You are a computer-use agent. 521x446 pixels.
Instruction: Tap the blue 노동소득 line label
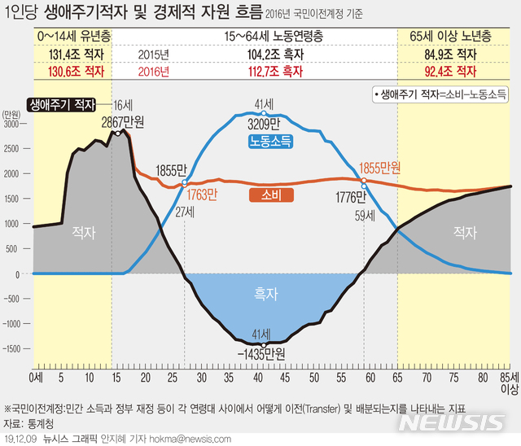(271, 141)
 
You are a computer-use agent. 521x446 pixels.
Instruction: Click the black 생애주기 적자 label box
(61, 104)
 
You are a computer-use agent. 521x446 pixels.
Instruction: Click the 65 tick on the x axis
(397, 378)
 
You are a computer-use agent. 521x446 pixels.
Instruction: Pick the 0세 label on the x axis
(35, 378)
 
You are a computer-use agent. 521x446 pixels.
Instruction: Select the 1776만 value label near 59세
(351, 196)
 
